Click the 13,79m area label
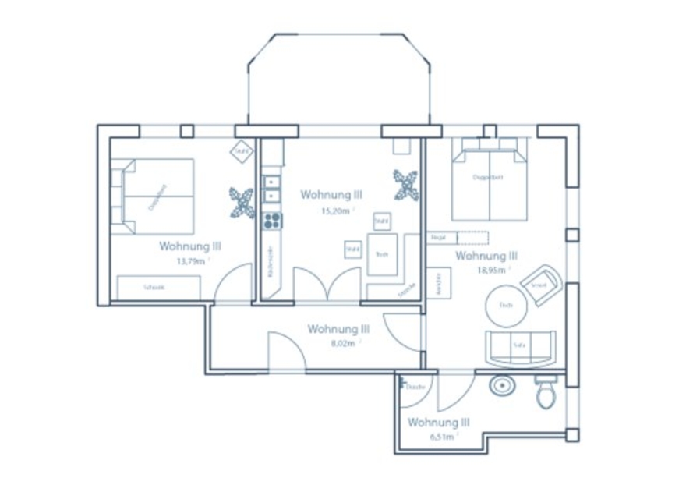pos(191,262)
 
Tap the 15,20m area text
pos(336,211)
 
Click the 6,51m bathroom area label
pos(441,438)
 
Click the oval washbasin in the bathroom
pos(500,385)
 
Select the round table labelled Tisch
pos(504,305)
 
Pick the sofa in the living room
pos(521,347)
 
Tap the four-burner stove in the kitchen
pos(271,221)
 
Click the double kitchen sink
pos(271,189)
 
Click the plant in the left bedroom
pos(241,201)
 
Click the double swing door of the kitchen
pos(327,285)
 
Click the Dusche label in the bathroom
pos(415,387)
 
